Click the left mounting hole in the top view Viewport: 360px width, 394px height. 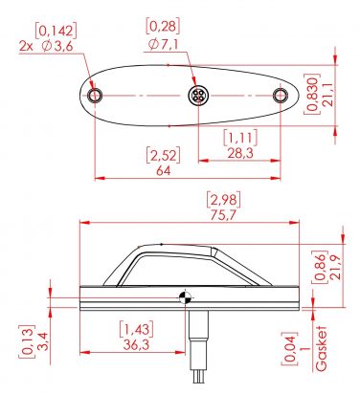[x=94, y=97]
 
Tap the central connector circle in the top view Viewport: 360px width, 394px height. [x=196, y=96]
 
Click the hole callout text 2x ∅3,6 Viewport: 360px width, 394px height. [x=47, y=44]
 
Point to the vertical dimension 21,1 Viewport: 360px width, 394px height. [x=328, y=97]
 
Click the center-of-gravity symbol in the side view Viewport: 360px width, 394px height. [x=184, y=297]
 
